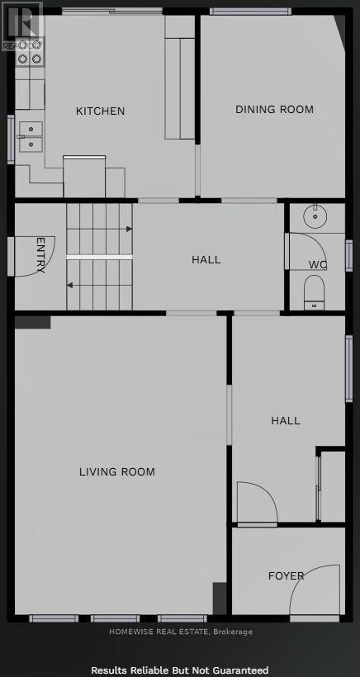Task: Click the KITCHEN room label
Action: click(101, 111)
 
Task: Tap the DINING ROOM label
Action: click(274, 109)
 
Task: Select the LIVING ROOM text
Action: click(117, 472)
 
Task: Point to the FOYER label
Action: click(286, 575)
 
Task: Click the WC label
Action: click(318, 264)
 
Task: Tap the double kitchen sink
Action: click(31, 136)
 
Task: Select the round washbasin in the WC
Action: click(315, 217)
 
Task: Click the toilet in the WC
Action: click(314, 291)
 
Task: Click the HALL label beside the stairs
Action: click(206, 259)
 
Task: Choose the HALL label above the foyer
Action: click(286, 420)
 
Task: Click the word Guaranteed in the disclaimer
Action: click(240, 670)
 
